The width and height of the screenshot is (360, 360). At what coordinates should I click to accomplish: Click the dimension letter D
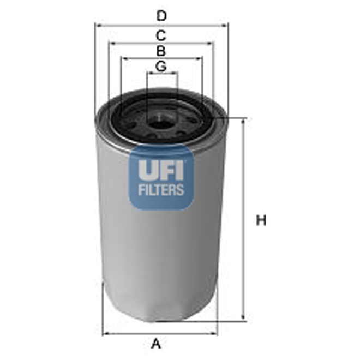click(x=160, y=16)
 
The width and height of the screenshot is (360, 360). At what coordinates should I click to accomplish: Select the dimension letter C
click(x=160, y=36)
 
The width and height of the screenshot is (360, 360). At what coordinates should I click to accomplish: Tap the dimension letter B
click(x=160, y=51)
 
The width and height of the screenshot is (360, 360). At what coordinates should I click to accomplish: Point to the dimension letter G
click(x=160, y=66)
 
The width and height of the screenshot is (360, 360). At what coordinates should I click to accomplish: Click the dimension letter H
click(x=261, y=221)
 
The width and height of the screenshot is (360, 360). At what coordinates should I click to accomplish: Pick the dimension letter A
click(x=156, y=344)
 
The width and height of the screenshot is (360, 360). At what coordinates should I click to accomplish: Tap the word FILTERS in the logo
click(x=161, y=191)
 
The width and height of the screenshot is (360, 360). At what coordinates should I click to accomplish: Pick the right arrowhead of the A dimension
click(x=215, y=333)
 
